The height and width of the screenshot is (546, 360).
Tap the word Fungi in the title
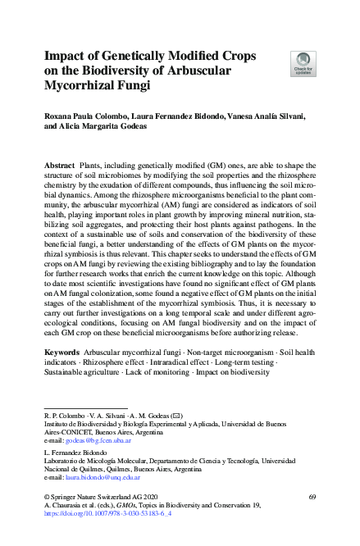[127, 84]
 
